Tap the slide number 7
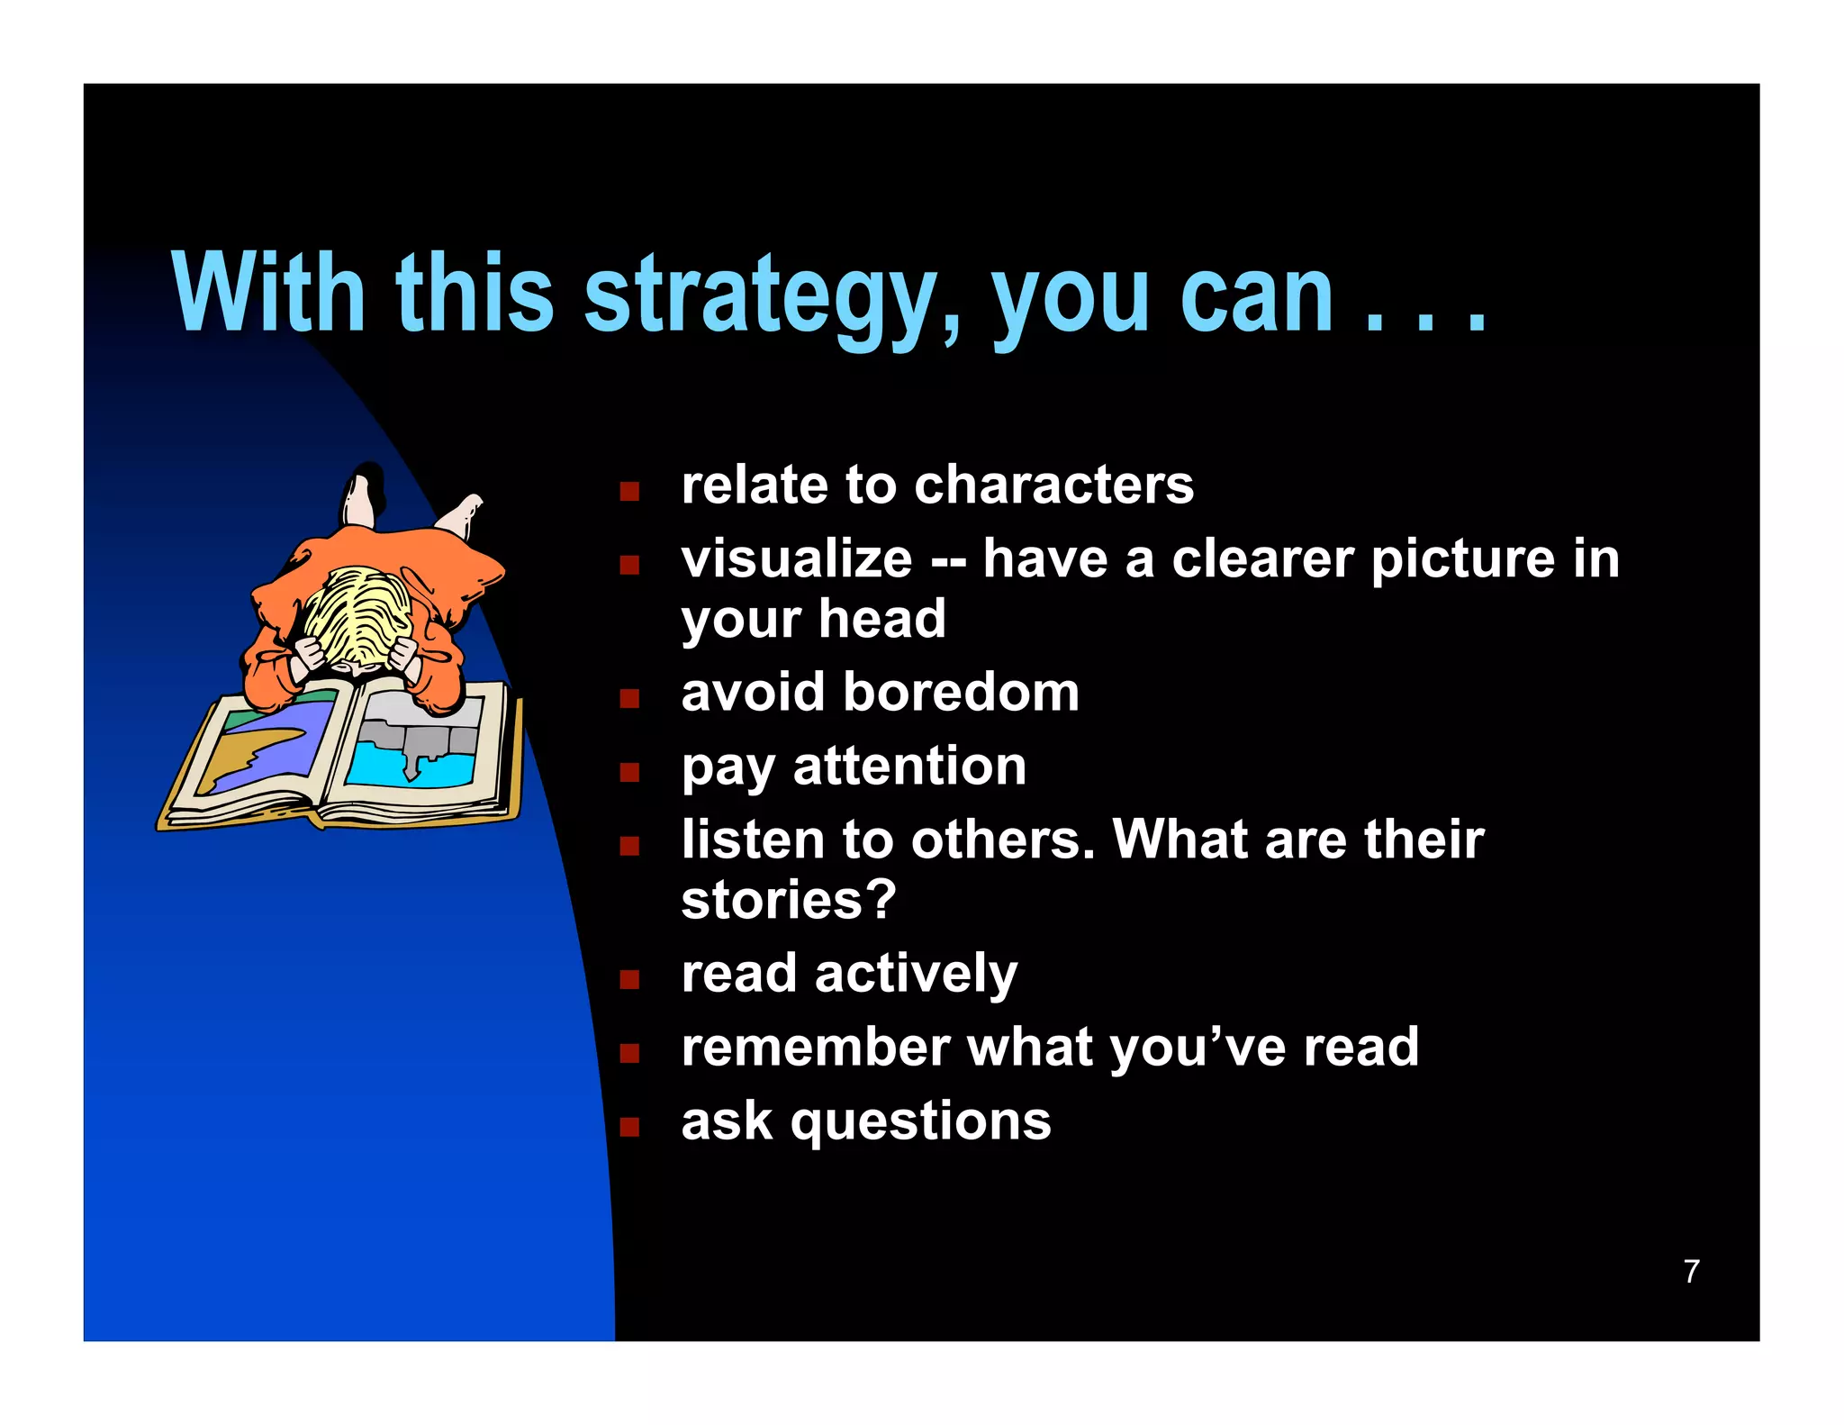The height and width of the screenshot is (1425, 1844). point(1691,1271)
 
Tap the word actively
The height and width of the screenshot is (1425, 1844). point(916,974)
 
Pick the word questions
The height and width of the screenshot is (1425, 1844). point(920,1121)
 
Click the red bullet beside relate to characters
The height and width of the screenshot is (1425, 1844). point(629,492)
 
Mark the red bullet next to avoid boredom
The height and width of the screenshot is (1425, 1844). point(629,699)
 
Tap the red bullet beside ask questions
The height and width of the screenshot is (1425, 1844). point(629,1128)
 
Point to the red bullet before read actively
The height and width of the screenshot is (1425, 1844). point(629,980)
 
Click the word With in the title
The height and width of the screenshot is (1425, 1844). point(267,293)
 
